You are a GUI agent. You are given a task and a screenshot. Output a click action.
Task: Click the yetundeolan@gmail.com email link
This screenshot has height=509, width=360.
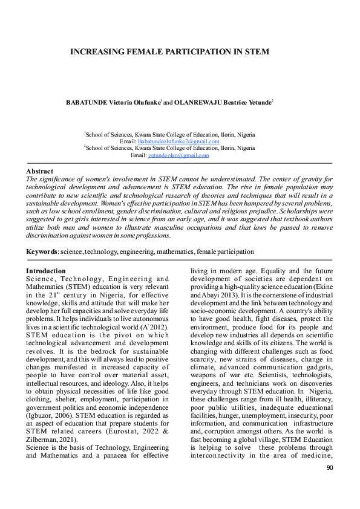click(x=178, y=155)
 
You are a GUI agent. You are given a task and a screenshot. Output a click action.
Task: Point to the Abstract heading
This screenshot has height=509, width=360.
click(x=39, y=171)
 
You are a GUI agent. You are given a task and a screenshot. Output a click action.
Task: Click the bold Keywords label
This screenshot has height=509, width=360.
click(x=42, y=251)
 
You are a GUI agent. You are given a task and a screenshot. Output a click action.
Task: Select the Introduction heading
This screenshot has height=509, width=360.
click(x=46, y=270)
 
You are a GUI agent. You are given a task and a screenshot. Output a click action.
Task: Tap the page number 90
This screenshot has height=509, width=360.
click(x=330, y=485)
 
